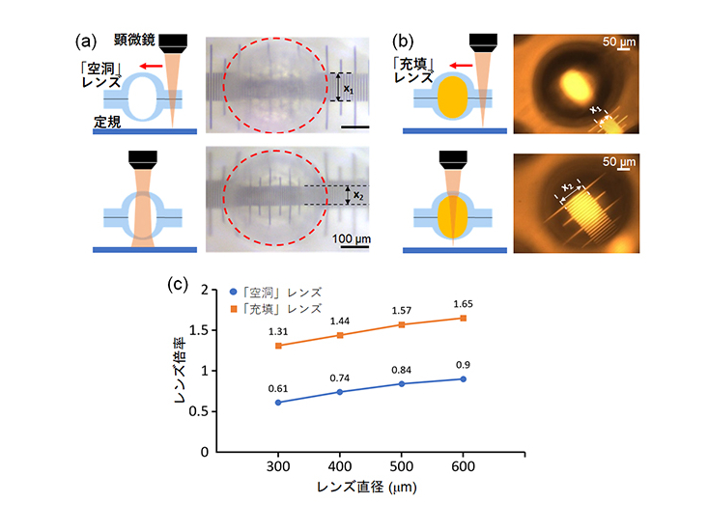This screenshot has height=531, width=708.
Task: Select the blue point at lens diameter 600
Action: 464,378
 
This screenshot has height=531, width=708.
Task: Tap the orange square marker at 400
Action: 340,335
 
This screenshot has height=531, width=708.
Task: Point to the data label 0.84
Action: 402,369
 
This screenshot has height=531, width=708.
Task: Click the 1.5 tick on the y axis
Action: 196,330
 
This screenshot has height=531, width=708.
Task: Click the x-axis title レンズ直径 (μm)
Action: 371,490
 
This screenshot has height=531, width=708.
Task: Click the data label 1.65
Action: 464,303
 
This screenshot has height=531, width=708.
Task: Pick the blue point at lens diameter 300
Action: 278,402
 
